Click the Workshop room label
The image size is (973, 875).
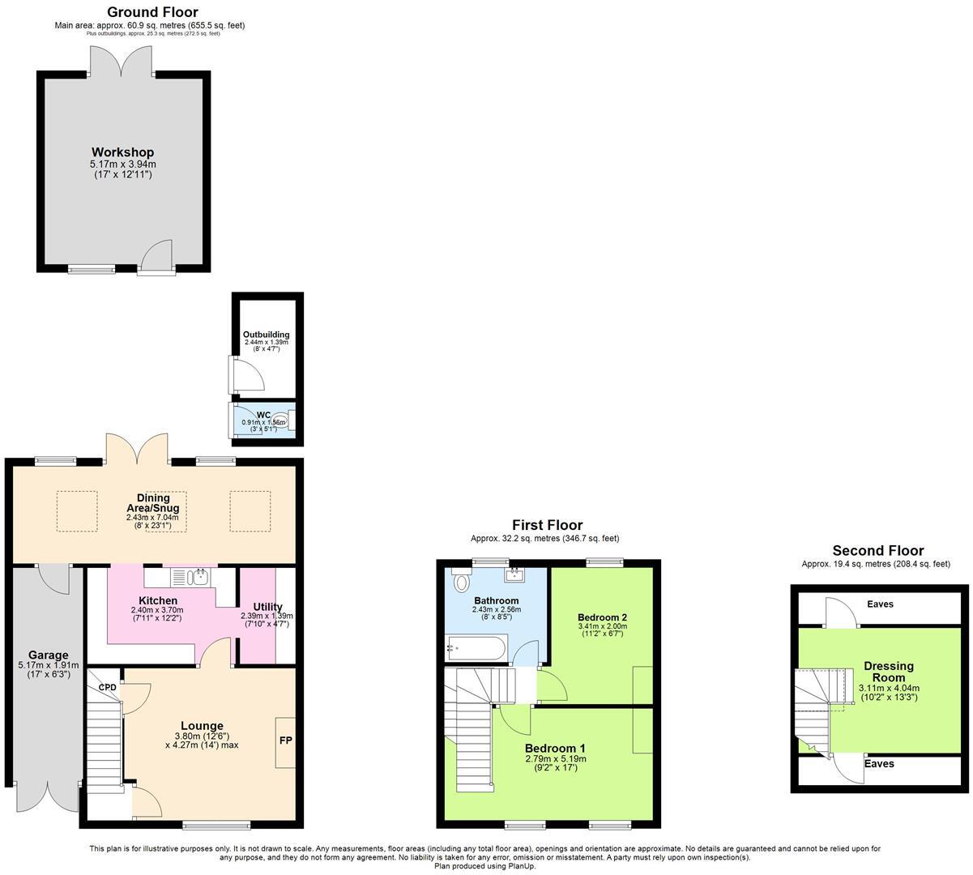click(122, 152)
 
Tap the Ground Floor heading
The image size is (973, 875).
click(152, 12)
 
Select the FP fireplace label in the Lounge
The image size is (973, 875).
click(285, 741)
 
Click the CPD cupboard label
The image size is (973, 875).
click(107, 687)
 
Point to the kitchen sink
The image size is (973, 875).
click(198, 577)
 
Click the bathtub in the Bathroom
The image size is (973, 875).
click(476, 648)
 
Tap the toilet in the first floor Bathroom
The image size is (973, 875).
click(462, 581)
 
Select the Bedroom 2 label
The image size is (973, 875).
click(602, 617)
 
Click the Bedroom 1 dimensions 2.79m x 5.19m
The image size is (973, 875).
click(555, 759)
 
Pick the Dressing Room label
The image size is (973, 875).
click(888, 672)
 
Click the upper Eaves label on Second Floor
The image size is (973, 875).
click(881, 604)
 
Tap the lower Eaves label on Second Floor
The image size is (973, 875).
click(879, 763)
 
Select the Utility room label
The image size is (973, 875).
click(267, 606)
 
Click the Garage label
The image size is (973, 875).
click(49, 655)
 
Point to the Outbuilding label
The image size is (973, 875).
click(266, 335)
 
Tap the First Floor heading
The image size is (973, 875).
click(547, 525)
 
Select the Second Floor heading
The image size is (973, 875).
click(877, 551)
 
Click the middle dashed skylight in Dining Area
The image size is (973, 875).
click(166, 511)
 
